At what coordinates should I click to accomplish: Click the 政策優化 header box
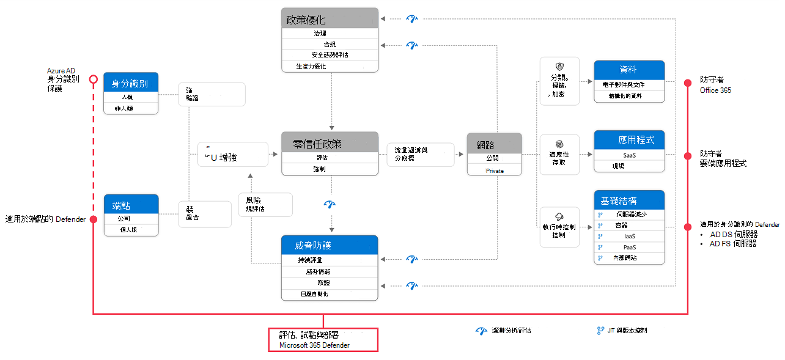[330, 18]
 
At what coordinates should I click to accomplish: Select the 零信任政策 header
[330, 143]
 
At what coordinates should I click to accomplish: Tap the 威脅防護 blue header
[330, 245]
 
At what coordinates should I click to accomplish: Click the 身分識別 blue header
[131, 83]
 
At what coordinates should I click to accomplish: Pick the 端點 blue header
[131, 205]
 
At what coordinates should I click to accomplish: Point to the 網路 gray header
[495, 144]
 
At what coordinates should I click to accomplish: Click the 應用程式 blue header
[628, 140]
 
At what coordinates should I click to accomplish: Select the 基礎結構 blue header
[628, 200]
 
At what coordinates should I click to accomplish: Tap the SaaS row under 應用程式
[630, 155]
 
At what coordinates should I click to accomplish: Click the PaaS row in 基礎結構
[630, 247]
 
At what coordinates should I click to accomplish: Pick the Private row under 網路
[495, 171]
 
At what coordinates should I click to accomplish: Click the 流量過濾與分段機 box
[420, 153]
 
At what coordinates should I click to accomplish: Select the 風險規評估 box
[265, 204]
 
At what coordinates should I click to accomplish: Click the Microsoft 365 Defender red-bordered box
[323, 340]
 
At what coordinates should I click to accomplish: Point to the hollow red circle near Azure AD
[93, 79]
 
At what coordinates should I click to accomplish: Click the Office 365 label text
[715, 90]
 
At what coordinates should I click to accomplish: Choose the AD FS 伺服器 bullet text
[731, 243]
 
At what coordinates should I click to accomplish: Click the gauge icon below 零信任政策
[330, 204]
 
